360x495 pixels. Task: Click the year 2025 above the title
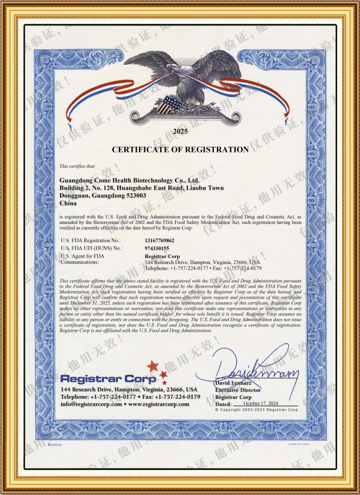point(180,131)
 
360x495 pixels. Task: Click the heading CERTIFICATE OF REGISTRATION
point(180,150)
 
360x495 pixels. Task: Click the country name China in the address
point(69,202)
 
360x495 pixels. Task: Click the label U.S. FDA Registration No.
point(91,240)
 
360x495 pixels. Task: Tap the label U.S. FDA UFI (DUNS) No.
point(91,248)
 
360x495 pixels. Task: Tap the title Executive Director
point(239,390)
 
